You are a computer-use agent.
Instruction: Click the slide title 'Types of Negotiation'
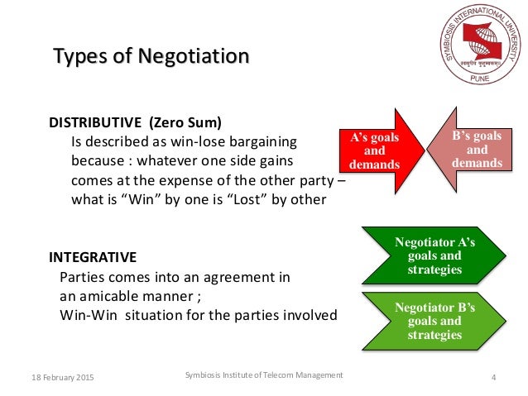point(151,57)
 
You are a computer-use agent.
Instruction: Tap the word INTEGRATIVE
point(93,257)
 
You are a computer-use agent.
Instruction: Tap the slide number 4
point(493,378)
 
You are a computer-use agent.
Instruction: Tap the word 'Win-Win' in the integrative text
point(88,315)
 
